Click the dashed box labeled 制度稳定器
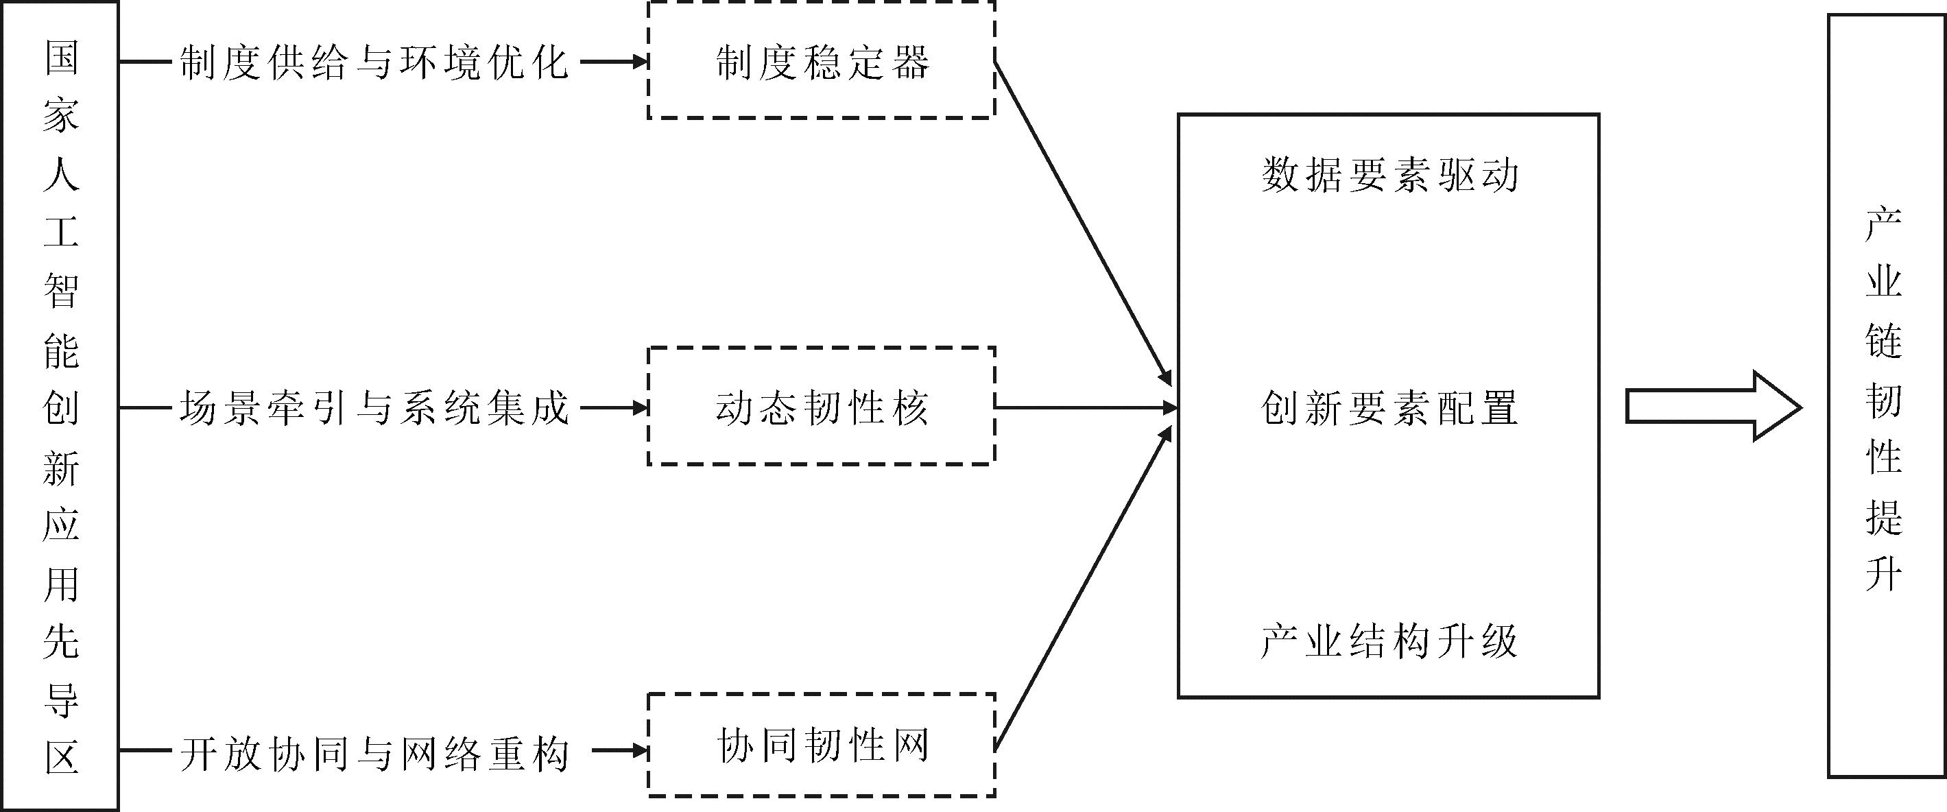click(x=822, y=60)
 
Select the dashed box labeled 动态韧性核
click(x=822, y=407)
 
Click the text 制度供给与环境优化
click(x=373, y=62)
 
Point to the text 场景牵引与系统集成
click(x=373, y=408)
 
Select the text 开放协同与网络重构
click(x=373, y=753)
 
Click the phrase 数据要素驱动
click(x=1389, y=176)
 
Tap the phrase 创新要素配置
click(x=1389, y=408)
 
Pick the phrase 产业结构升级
click(x=1389, y=641)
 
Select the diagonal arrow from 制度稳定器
click(x=1082, y=222)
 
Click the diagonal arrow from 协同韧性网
click(x=1082, y=590)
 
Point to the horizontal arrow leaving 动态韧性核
click(x=1086, y=407)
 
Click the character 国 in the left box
click(x=60, y=58)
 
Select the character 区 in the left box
click(x=60, y=756)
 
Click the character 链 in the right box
click(x=1883, y=340)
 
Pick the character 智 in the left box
click(x=60, y=289)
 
